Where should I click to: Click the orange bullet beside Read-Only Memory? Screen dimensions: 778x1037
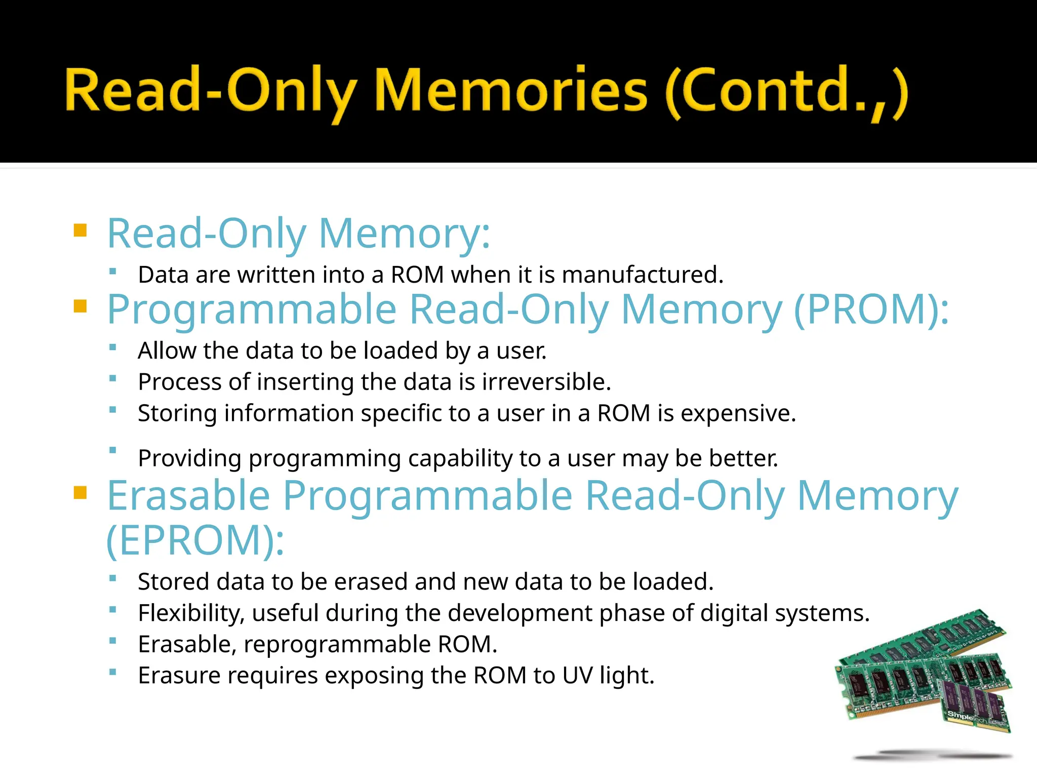pyautogui.click(x=81, y=231)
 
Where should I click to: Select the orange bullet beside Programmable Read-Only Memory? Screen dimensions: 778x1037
pyautogui.click(x=81, y=306)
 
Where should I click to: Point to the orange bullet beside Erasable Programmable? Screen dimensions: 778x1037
pyautogui.click(x=81, y=492)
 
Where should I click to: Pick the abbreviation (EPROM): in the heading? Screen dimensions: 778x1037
pyautogui.click(x=195, y=540)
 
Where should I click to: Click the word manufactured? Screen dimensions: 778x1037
pyautogui.click(x=642, y=275)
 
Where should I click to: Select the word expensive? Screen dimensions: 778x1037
pyautogui.click(x=738, y=413)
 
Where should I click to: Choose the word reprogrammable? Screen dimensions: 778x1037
pyautogui.click(x=337, y=644)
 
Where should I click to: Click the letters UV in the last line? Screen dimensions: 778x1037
pyautogui.click(x=577, y=676)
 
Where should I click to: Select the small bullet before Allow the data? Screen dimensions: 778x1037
pyautogui.click(x=113, y=347)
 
